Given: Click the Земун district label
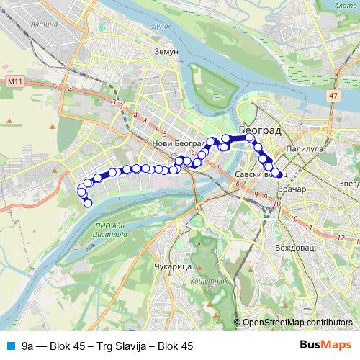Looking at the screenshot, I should pos(166,52).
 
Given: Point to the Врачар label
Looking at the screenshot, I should pos(292,189).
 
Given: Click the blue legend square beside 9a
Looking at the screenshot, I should pos(9,346).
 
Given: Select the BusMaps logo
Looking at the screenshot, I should pos(325,346).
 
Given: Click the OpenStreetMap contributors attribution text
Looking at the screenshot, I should pos(297,323).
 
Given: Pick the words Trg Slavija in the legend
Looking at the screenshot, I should pos(117,346).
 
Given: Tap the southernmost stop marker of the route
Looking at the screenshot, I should pos(89,203).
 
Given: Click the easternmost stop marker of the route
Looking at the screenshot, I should pos(277,173).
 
